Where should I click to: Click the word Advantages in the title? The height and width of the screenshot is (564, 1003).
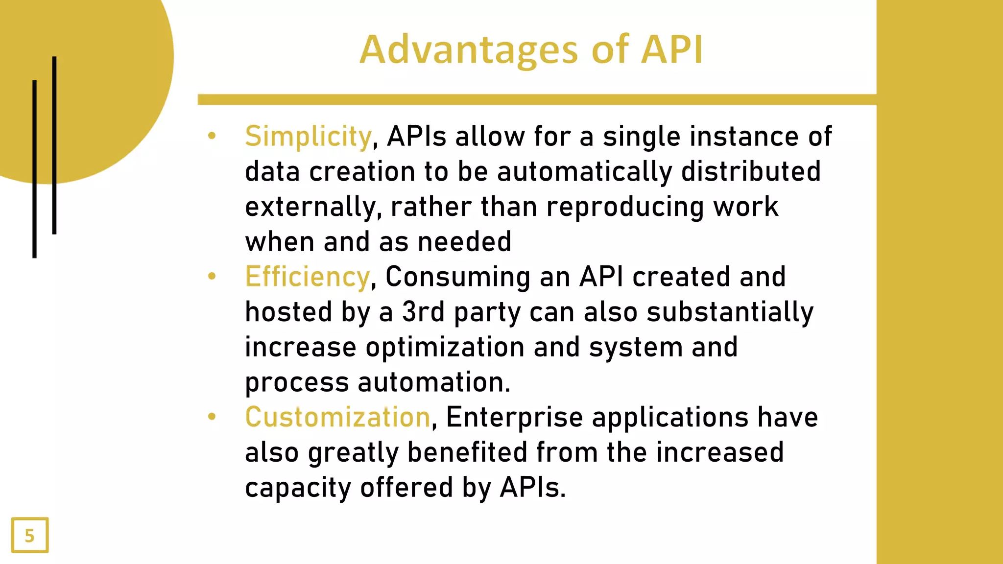(469, 50)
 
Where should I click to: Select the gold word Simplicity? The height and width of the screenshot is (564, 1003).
(308, 137)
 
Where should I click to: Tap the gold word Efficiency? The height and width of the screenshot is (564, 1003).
(307, 277)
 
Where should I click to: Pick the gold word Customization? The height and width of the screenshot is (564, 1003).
(337, 417)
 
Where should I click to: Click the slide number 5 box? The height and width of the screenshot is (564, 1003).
(30, 535)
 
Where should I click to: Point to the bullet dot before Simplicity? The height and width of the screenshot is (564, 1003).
(212, 136)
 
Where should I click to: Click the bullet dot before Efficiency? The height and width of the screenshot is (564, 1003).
(212, 276)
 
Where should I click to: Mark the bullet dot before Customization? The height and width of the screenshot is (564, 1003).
(212, 417)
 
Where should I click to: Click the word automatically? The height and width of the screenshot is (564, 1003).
(584, 172)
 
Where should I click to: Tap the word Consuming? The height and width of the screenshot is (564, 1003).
(457, 277)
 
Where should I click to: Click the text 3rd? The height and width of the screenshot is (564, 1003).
(423, 312)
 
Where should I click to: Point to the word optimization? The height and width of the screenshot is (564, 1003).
(445, 348)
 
